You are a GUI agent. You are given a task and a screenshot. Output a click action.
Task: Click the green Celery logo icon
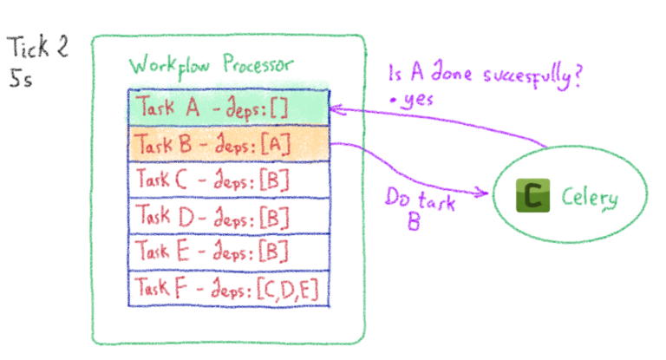point(530,197)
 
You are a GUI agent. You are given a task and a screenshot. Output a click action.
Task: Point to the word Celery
point(590,198)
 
